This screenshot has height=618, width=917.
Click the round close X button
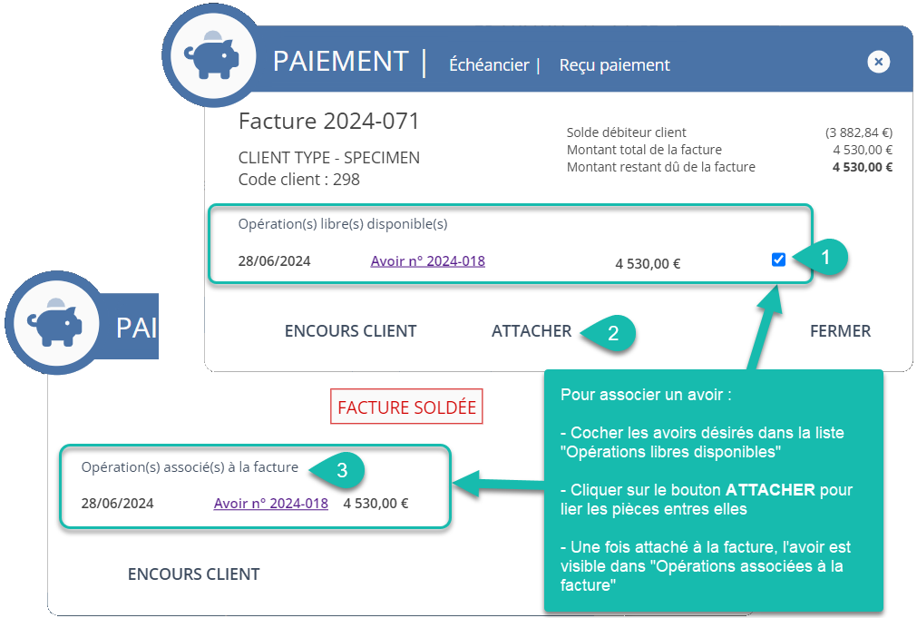click(x=878, y=62)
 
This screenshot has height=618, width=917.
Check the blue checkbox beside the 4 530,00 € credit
click(x=778, y=260)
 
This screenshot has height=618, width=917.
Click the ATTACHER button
click(x=531, y=331)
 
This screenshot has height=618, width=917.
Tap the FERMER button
click(x=840, y=331)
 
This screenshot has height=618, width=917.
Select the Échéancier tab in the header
click(x=489, y=64)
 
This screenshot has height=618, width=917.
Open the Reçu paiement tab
click(x=615, y=65)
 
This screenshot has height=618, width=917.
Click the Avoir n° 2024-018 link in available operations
click(x=427, y=261)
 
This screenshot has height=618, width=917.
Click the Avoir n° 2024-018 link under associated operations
click(x=271, y=504)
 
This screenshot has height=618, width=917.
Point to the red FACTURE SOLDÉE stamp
click(x=406, y=407)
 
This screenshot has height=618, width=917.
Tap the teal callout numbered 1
click(x=824, y=257)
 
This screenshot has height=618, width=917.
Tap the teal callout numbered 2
click(x=611, y=333)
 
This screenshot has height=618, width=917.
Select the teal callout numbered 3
click(x=341, y=470)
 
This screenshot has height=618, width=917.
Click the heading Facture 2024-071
click(x=328, y=121)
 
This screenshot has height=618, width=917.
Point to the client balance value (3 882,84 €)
click(x=859, y=132)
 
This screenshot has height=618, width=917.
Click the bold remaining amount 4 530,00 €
click(x=863, y=167)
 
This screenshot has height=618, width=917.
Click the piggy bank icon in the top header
click(x=211, y=55)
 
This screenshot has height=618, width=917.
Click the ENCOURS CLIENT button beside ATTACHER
click(x=350, y=331)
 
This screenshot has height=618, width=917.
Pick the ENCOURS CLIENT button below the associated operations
click(x=193, y=574)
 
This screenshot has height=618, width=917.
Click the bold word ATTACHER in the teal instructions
click(x=770, y=490)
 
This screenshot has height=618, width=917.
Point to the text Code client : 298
click(x=298, y=179)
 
